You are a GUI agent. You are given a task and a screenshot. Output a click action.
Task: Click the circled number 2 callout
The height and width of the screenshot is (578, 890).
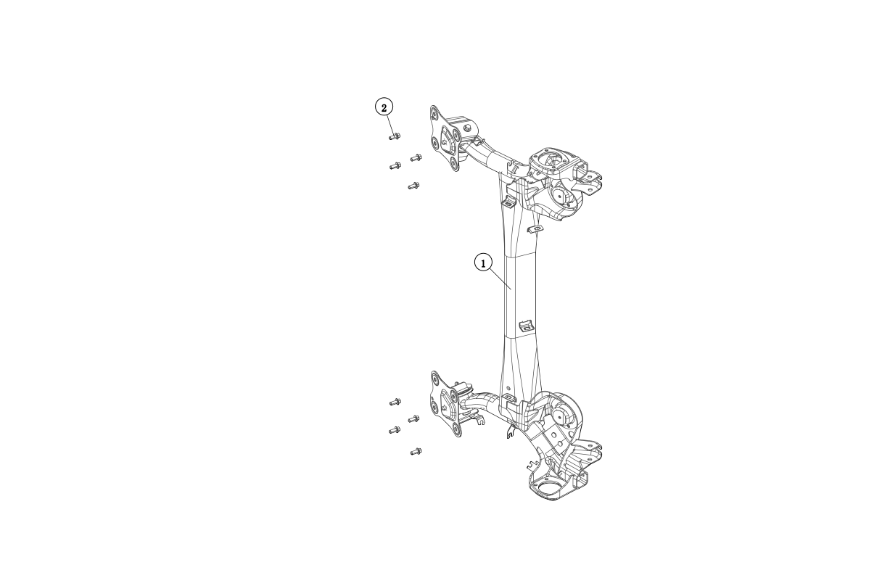pyautogui.click(x=384, y=107)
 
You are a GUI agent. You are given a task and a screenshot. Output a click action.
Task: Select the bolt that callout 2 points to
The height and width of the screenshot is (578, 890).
pyautogui.click(x=394, y=136)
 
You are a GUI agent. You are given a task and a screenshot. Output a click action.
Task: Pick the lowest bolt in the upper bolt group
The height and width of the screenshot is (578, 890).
pyautogui.click(x=413, y=186)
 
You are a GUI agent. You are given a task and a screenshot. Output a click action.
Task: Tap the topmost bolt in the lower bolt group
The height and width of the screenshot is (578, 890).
pyautogui.click(x=395, y=401)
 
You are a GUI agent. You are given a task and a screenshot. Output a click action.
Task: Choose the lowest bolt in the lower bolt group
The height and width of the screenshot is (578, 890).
pyautogui.click(x=416, y=452)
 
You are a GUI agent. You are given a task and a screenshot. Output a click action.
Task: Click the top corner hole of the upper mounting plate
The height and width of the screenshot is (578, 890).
pyautogui.click(x=434, y=113)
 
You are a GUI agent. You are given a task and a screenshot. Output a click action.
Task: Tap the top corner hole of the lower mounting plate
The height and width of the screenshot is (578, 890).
pyautogui.click(x=435, y=377)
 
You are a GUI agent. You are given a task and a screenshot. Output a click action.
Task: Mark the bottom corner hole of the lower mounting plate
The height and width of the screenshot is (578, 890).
pyautogui.click(x=456, y=432)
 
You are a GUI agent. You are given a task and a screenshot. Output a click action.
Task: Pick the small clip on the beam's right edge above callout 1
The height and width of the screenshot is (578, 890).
pyautogui.click(x=535, y=229)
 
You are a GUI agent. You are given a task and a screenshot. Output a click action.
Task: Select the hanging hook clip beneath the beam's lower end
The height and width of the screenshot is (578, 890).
pyautogui.click(x=510, y=433)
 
